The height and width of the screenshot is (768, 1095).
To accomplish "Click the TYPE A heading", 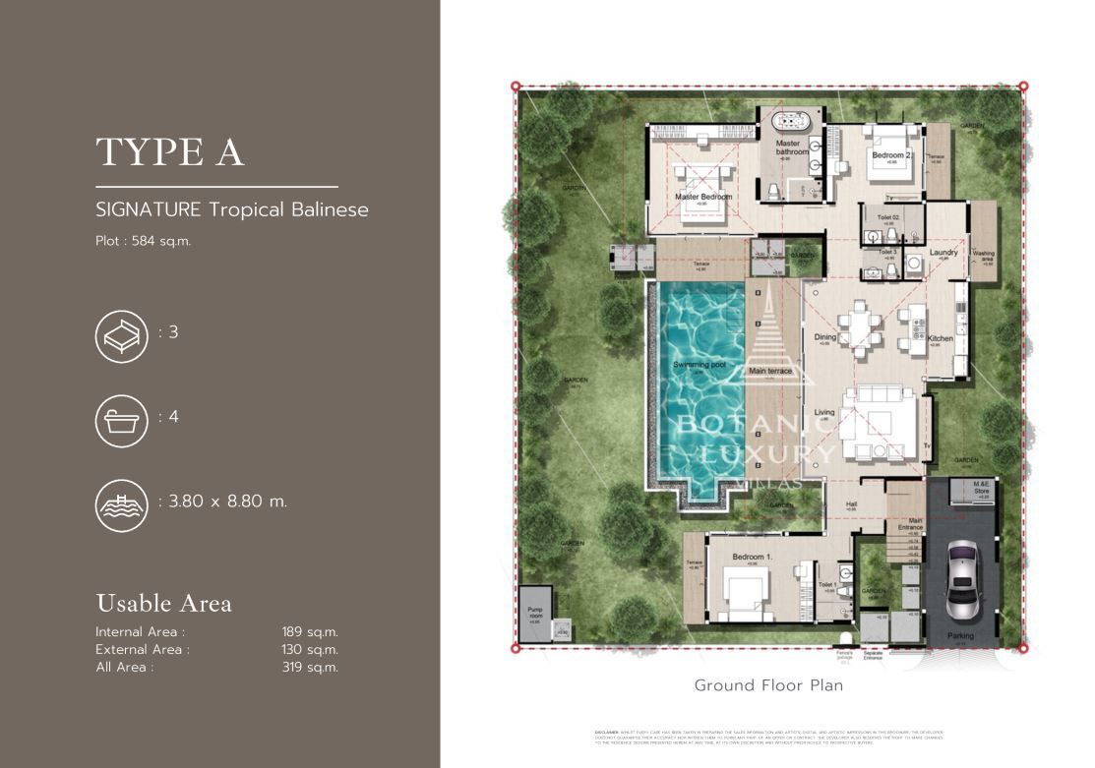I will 170,152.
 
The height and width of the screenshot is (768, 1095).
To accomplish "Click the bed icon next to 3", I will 121,334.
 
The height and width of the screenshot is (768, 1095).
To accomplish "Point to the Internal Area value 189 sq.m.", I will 310,632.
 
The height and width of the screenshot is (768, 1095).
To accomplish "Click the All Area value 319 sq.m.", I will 310,668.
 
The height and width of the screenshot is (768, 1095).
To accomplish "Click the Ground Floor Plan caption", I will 768,685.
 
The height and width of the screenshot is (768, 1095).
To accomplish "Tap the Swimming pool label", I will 694,366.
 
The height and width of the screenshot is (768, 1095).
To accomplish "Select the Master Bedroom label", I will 703,197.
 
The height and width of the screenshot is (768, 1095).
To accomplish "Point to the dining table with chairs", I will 858,328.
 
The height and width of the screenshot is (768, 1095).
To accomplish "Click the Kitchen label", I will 940,338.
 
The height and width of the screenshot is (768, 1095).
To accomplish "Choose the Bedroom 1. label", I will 752,558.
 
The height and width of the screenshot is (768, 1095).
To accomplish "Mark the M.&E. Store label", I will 980,488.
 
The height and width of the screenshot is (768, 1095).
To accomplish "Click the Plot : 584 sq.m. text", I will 143,241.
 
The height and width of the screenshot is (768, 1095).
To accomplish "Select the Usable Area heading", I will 163,603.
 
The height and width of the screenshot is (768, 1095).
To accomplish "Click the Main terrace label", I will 770,372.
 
